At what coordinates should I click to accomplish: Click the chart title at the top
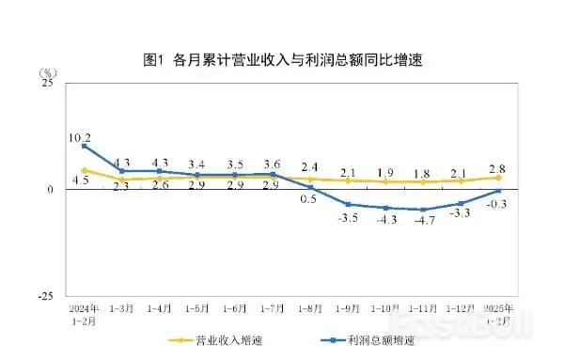point(282,61)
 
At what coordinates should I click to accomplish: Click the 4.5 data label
point(81,180)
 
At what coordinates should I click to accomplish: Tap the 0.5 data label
point(307,199)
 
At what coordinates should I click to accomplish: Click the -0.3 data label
point(499,204)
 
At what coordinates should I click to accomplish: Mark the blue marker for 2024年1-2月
point(85,146)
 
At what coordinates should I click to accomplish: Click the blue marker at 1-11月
point(423,210)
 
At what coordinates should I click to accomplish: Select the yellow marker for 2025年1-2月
point(498,178)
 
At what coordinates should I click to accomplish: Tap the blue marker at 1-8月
point(310,188)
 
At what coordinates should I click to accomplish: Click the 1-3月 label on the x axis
point(122,309)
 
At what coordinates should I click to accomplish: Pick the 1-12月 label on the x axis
point(461,309)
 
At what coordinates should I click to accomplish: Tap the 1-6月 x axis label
point(235,309)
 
